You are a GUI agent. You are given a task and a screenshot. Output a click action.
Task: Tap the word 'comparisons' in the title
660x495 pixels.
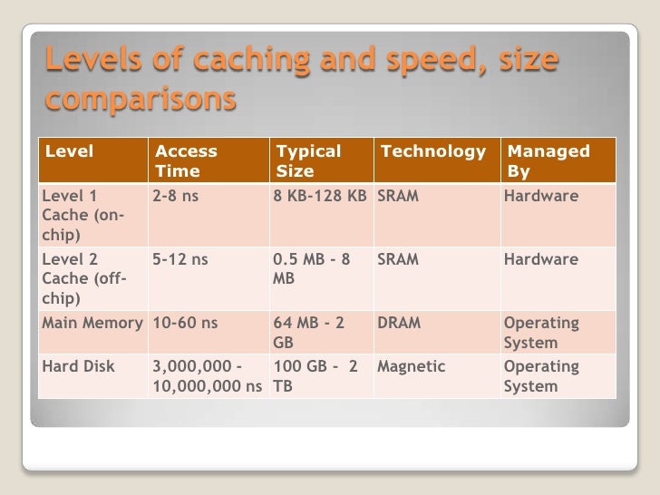pyautogui.click(x=141, y=98)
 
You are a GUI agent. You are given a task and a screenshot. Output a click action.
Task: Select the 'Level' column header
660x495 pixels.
pyautogui.click(x=69, y=151)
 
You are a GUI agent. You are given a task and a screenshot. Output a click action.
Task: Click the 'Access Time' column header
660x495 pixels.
pyautogui.click(x=186, y=160)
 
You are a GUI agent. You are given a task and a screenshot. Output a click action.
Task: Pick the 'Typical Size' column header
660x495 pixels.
pyautogui.click(x=308, y=160)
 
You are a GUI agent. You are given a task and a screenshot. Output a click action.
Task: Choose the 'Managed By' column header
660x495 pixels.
pyautogui.click(x=548, y=160)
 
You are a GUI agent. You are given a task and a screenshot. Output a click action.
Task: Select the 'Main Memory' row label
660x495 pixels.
pyautogui.click(x=92, y=324)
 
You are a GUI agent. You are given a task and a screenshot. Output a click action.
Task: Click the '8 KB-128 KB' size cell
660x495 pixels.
pyautogui.click(x=320, y=195)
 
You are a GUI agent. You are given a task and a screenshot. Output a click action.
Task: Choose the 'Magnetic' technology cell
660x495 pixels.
pyautogui.click(x=411, y=367)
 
